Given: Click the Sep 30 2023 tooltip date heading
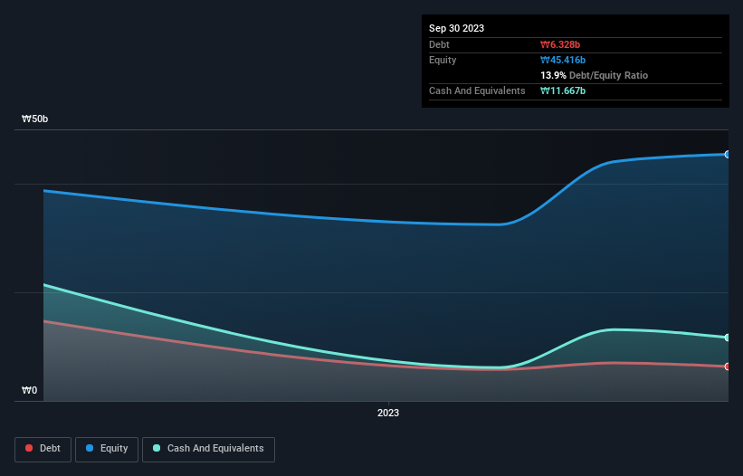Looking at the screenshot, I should pos(457,28).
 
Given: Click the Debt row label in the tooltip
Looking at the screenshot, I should pos(439,44).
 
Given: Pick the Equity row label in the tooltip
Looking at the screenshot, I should pos(443,60).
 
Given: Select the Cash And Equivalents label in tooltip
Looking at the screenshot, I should pos(477,90).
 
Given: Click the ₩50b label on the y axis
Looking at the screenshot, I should pos(36,119).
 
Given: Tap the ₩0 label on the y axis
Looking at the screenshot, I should pos(30,390).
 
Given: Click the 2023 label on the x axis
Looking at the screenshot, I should pos(388,413).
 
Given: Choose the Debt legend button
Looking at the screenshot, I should pos(43,449).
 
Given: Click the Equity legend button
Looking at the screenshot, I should pos(107,449).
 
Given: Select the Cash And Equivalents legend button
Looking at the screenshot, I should pos(208,449).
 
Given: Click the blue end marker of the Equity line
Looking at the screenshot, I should pos(727,155).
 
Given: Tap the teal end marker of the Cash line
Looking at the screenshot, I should pos(727,338).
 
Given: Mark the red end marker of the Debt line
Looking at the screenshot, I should pos(727,367).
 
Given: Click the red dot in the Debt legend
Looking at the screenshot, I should pos(30,449).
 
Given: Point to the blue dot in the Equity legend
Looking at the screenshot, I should pos(90,449).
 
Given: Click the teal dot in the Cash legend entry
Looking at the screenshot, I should pos(157,449).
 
